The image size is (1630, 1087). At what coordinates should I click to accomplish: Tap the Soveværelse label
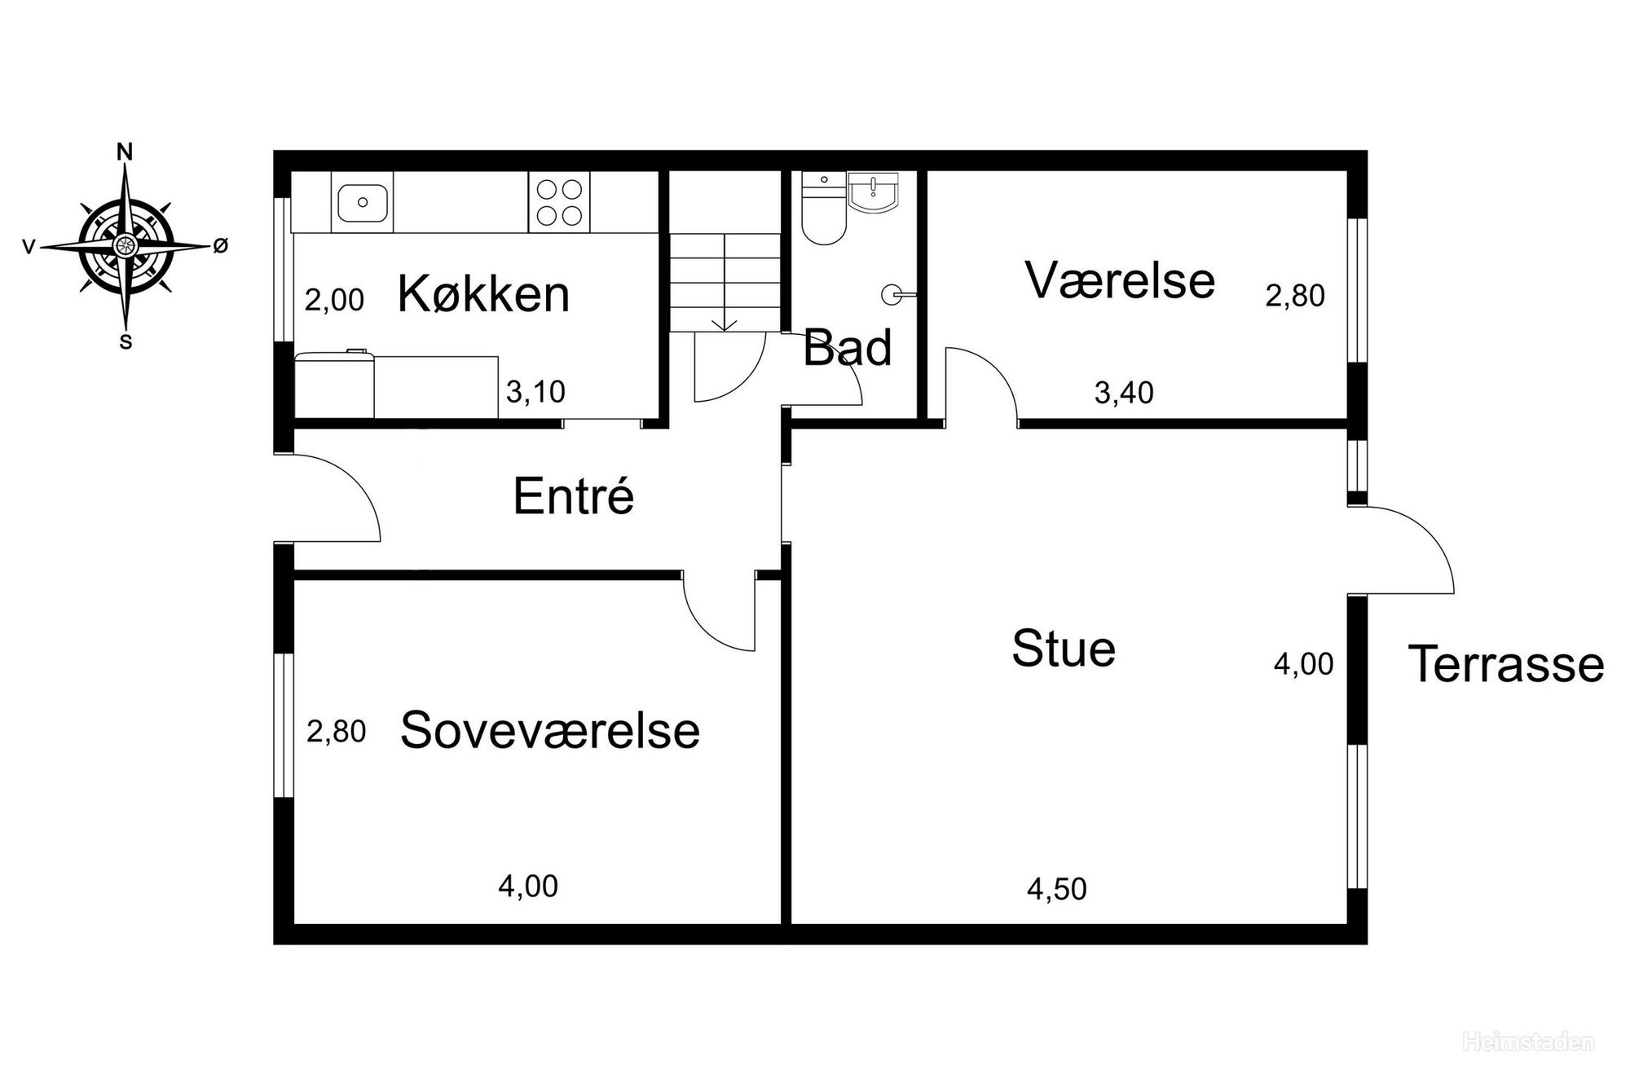point(550,729)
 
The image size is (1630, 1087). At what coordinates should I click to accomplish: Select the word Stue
point(1064,649)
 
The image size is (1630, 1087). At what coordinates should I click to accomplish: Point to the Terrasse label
point(1506,663)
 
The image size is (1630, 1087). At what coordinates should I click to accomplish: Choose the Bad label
point(848,348)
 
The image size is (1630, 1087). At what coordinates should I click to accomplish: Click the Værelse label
point(1120,279)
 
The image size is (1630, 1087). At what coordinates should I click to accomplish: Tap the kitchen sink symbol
point(363,201)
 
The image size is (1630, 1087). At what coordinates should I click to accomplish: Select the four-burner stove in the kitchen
point(559,201)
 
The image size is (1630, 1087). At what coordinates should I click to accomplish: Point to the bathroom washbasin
point(873,193)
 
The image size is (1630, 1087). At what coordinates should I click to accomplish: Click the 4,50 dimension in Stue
point(1057,889)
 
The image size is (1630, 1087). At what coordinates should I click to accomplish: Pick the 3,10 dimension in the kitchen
point(535,392)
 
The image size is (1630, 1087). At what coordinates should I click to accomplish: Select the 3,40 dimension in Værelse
point(1124,394)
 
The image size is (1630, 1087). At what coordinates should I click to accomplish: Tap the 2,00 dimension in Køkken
point(334,300)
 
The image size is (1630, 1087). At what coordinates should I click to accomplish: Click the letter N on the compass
point(125,152)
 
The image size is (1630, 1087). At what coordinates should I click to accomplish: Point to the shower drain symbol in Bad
point(894,295)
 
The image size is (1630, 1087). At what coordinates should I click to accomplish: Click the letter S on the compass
point(126,342)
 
